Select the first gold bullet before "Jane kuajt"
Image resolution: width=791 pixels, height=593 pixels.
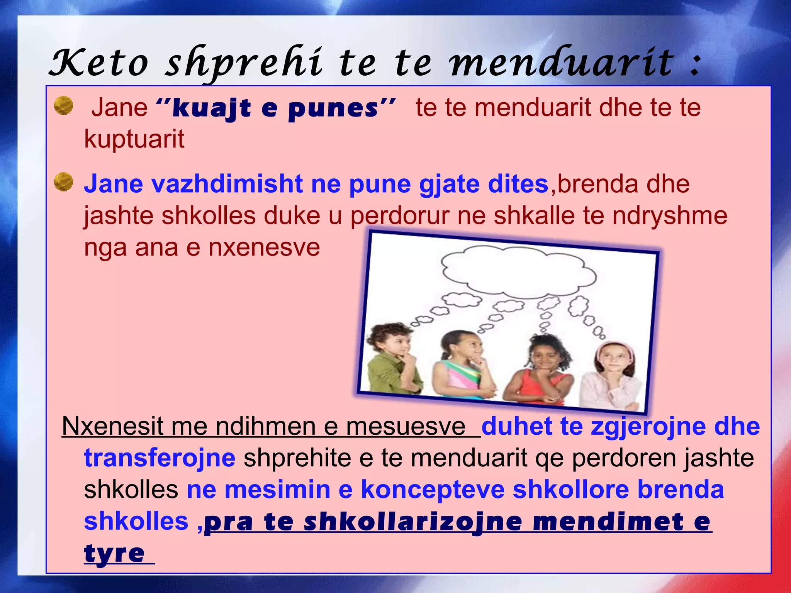[64, 106]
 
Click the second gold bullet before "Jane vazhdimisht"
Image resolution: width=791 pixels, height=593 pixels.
[64, 182]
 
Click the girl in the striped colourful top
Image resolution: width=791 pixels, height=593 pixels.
[462, 367]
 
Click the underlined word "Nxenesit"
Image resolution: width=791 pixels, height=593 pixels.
[112, 427]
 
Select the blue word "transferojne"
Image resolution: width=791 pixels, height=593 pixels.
[160, 458]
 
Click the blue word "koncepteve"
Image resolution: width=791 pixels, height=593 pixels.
[433, 490]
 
